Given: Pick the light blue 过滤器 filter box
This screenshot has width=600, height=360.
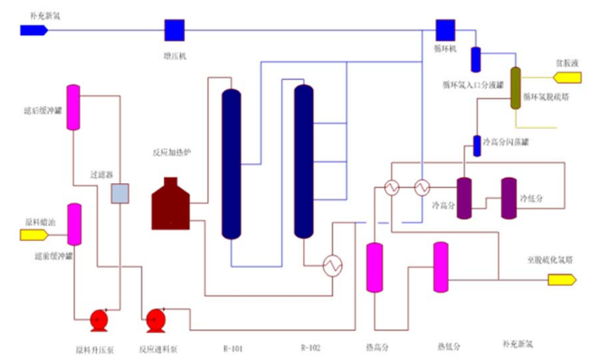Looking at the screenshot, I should (x=120, y=193).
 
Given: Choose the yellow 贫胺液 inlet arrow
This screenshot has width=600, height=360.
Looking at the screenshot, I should (x=567, y=77).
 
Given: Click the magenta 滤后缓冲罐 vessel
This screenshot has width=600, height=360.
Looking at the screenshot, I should (x=73, y=107).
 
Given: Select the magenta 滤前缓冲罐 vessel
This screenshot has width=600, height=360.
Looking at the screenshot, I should (x=74, y=224).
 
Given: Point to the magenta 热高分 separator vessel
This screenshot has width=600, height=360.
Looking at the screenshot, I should (x=374, y=267).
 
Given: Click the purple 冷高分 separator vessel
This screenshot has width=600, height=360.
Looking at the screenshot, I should (x=464, y=198).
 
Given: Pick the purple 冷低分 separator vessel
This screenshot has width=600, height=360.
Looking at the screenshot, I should (x=509, y=198).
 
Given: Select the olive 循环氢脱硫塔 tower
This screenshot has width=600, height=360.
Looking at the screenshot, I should (x=516, y=87).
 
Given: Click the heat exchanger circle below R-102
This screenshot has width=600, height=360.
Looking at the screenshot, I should (x=332, y=266).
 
